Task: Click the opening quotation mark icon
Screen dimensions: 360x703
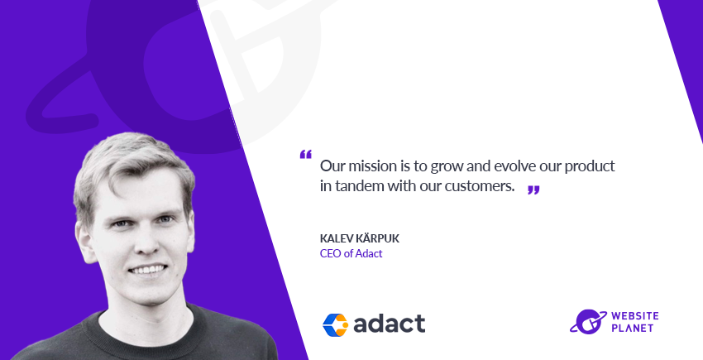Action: pos(305,156)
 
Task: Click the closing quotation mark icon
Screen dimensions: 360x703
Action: pos(533,190)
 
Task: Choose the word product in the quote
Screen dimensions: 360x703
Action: pos(591,165)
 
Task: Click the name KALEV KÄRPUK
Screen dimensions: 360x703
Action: pos(359,238)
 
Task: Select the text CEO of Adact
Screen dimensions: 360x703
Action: pos(351,253)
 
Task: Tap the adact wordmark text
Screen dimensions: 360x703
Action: pos(389,323)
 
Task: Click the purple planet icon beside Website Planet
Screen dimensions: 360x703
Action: pos(585,321)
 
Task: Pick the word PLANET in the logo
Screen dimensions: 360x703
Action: pos(629,329)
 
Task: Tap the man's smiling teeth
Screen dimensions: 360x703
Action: pos(147,271)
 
